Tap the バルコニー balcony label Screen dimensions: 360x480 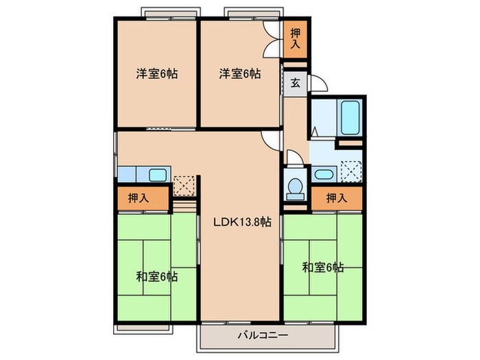263,335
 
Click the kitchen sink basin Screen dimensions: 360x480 157,174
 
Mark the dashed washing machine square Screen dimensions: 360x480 351,170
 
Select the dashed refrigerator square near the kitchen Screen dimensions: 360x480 183,184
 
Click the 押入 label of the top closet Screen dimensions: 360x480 294,38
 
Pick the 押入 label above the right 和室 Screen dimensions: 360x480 335,199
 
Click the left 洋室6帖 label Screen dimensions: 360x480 156,73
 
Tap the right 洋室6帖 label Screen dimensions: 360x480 240,73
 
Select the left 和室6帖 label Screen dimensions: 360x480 156,276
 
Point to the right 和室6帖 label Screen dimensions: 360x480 322,267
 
